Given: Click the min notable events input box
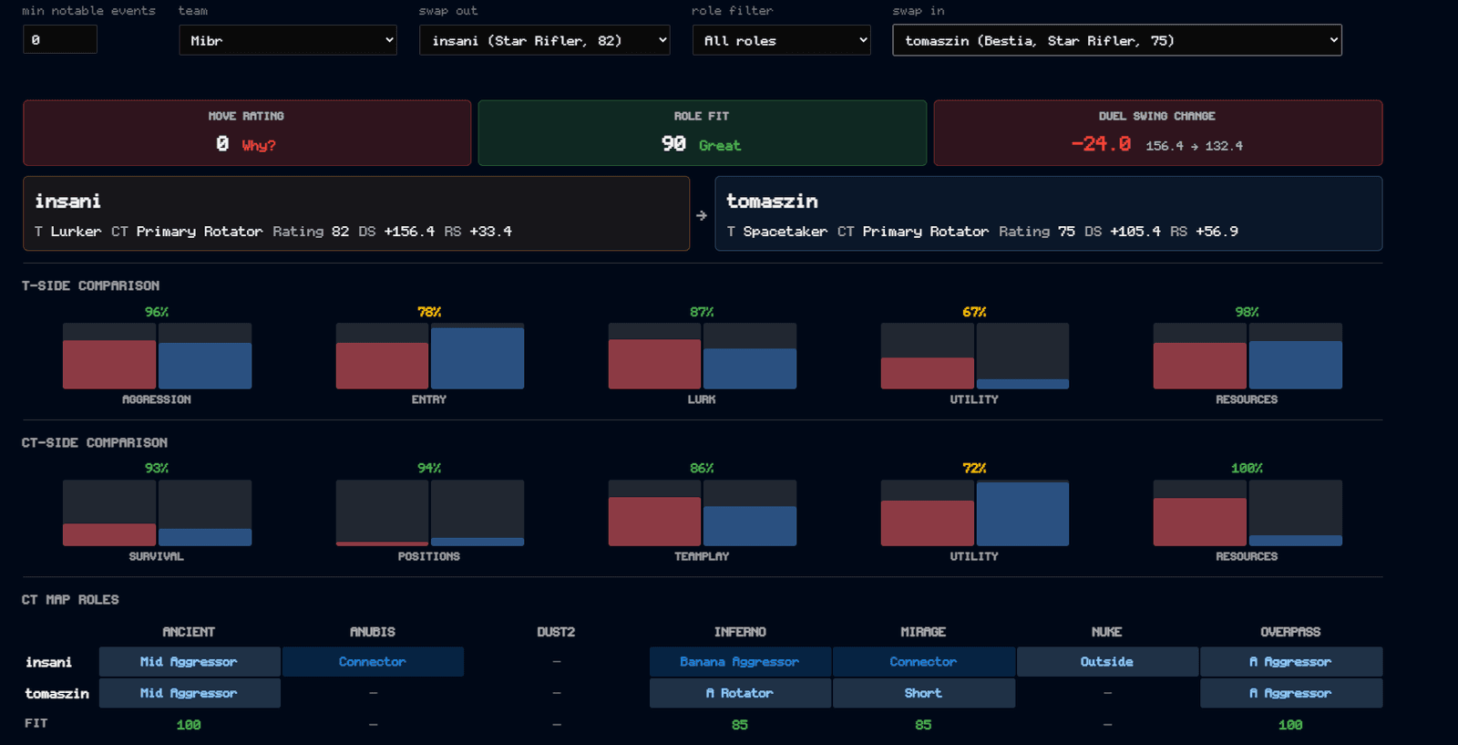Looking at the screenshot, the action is tap(60, 40).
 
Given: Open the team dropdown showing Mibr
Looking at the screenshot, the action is tap(288, 40).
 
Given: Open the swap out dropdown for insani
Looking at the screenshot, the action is tap(544, 40).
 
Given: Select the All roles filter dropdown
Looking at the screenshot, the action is tap(781, 40).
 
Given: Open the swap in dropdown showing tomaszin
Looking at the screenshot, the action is tap(1117, 40).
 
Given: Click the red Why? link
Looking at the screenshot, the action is tap(259, 145).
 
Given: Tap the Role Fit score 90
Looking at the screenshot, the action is tap(673, 144).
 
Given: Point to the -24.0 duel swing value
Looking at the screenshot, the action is tap(1102, 144).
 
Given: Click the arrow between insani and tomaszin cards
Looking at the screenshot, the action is tap(702, 215).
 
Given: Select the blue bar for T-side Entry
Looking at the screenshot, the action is tap(477, 358).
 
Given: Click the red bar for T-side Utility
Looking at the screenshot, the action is tap(927, 373).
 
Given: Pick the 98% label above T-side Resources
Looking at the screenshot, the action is tap(1247, 312).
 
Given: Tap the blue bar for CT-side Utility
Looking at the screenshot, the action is tap(1022, 513).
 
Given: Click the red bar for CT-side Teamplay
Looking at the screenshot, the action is tap(654, 522).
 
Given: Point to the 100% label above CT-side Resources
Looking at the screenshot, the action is tap(1247, 468).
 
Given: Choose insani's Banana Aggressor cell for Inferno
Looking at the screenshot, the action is tap(740, 662).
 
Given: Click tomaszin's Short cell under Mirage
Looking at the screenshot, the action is tap(924, 693).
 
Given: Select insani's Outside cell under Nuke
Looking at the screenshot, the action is tap(1107, 662).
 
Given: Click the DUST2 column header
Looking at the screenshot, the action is tap(556, 632).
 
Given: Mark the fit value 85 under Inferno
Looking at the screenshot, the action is tap(739, 724).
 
